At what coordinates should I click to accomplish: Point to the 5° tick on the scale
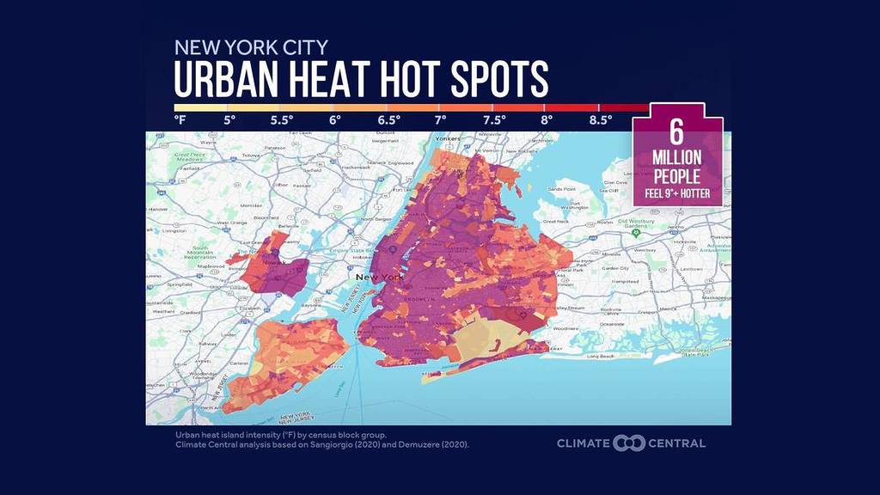(229, 120)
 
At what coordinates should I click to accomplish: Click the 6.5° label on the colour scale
(388, 120)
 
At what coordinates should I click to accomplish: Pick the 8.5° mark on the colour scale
(600, 120)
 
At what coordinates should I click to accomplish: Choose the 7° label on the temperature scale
(441, 120)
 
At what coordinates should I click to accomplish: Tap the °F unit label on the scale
(180, 120)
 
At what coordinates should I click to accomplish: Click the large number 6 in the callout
(676, 134)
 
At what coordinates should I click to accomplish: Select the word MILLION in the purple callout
(677, 158)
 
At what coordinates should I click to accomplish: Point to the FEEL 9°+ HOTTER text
(677, 193)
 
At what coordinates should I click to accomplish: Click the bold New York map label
(380, 277)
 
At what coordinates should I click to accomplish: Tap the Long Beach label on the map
(602, 355)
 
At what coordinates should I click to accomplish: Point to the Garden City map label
(617, 267)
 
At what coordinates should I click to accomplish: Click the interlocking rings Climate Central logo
(629, 443)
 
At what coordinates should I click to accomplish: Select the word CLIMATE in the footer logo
(583, 443)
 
